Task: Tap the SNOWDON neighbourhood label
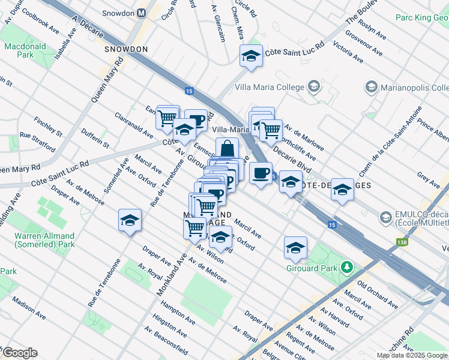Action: [x=125, y=49]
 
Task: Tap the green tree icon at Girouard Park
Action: [x=346, y=266]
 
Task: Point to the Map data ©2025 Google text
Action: [x=411, y=355]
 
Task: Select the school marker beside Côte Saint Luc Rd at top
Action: [x=251, y=57]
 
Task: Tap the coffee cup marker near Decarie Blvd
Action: [x=261, y=173]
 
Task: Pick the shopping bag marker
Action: [x=227, y=150]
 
